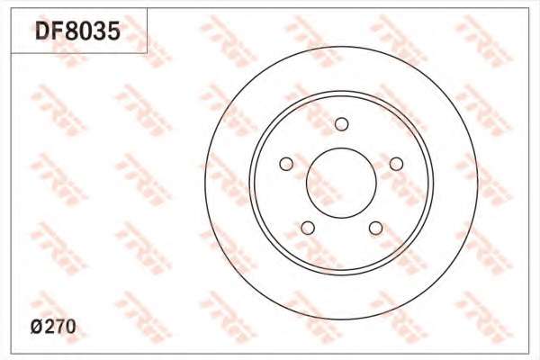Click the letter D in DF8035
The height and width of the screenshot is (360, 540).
(42, 31)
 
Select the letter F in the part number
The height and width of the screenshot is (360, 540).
(58, 31)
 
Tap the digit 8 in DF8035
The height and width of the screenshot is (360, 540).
(72, 31)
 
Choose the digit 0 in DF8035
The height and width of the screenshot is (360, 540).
(85, 31)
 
